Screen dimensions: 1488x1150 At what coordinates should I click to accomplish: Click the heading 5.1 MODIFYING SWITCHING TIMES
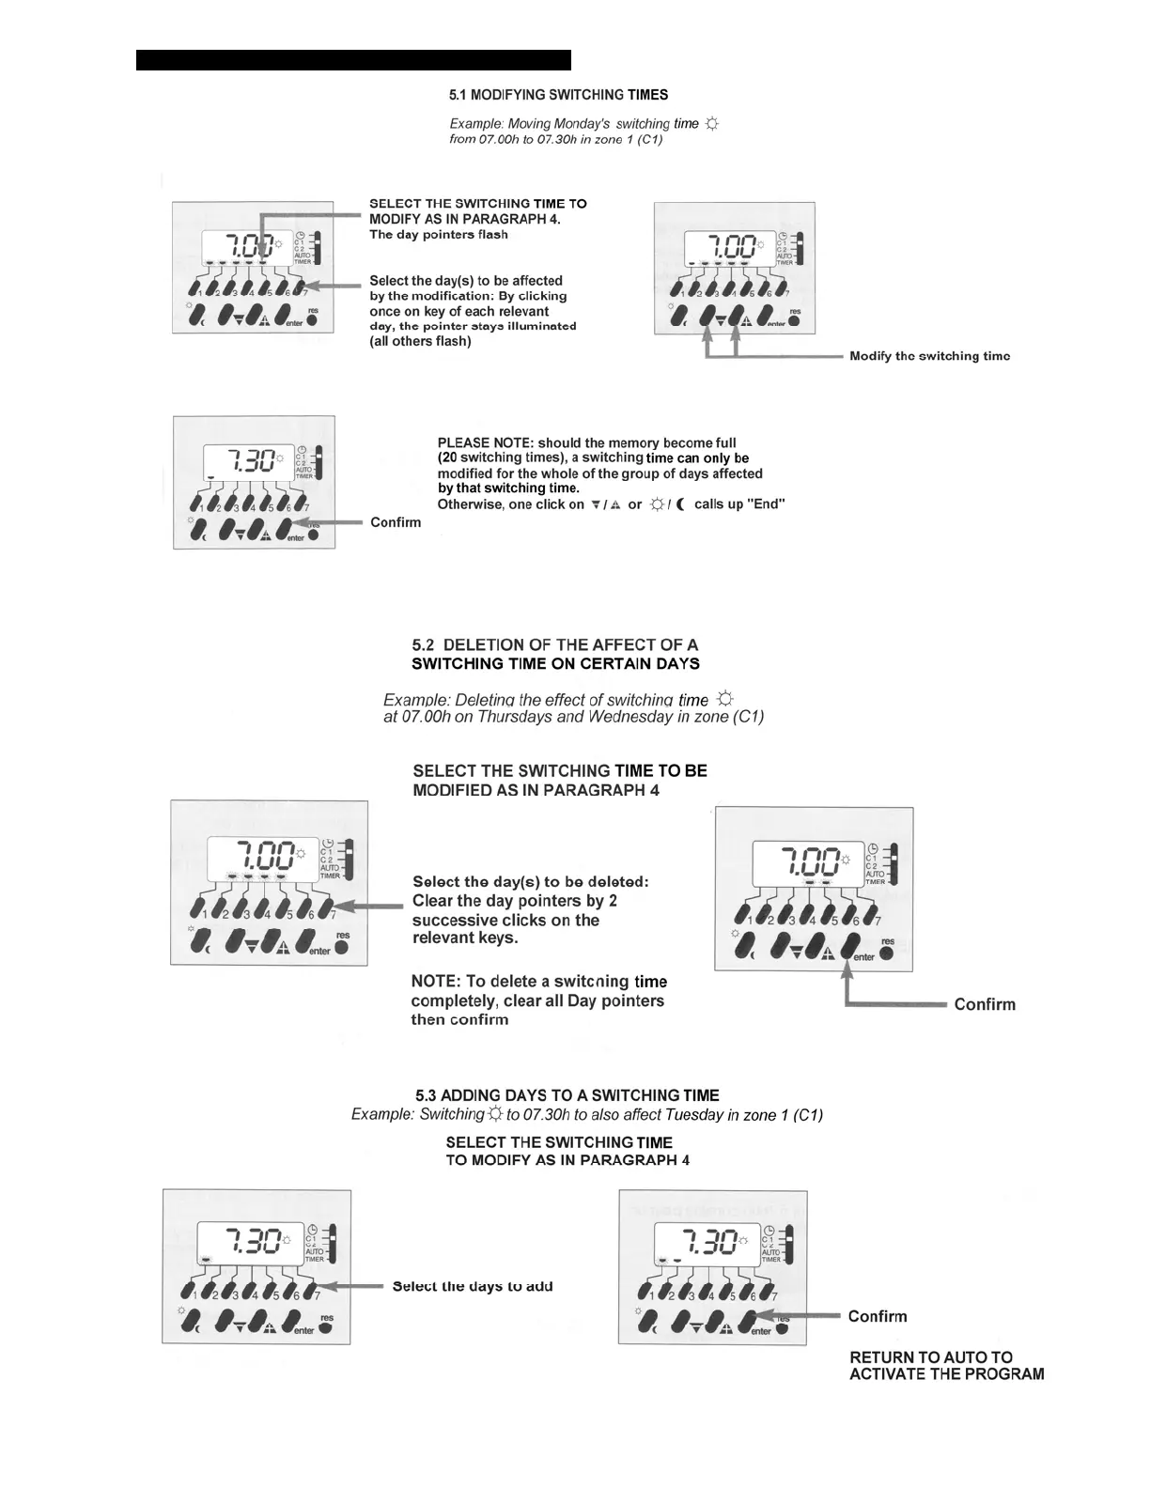coord(558,95)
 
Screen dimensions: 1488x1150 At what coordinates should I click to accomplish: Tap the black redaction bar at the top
coord(353,60)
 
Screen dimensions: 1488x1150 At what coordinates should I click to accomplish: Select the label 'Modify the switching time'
coord(929,356)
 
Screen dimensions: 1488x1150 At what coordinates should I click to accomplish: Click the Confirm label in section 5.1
coord(396,522)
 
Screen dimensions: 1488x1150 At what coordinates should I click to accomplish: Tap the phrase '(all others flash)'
coord(420,341)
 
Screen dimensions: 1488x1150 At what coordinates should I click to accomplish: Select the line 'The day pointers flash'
coord(438,235)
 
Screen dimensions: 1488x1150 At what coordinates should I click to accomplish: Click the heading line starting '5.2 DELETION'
coord(554,645)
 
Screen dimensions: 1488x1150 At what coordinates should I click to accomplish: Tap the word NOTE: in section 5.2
coord(435,982)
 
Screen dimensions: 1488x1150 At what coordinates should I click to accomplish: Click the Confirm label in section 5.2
coord(985,1004)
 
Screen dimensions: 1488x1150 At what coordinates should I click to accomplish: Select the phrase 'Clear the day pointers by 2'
coord(515,901)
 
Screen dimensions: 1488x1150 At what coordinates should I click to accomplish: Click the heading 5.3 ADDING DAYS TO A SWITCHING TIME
coord(567,1095)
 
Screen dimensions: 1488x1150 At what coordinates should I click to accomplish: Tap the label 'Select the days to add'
coord(473,1286)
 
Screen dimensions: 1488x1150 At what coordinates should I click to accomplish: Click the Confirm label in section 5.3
coord(878,1316)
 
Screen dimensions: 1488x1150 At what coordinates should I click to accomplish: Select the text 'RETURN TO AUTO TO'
coord(931,1357)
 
